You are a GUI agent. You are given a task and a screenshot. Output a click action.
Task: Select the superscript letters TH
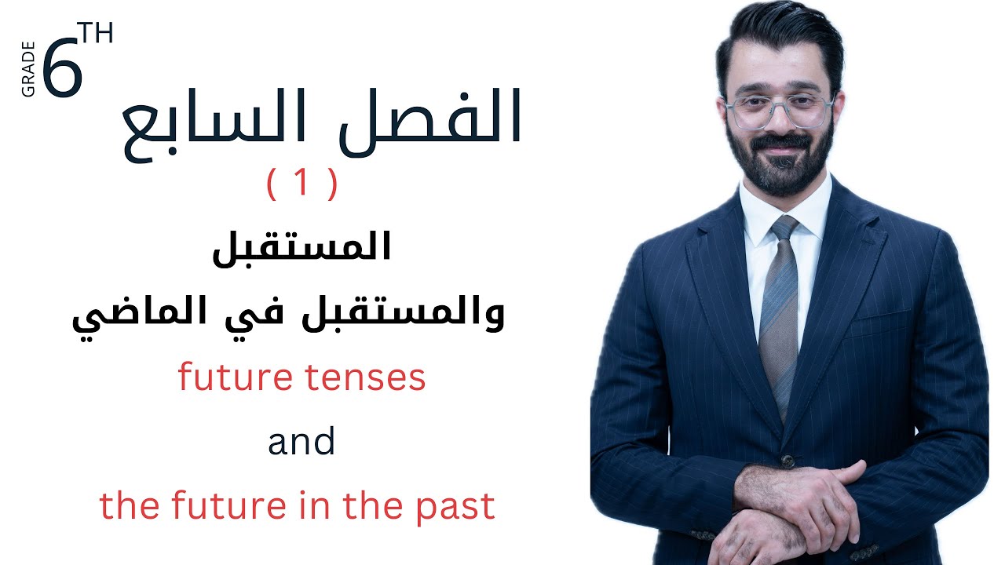[x=96, y=34]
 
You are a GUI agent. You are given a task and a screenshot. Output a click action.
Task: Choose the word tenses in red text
[x=375, y=379]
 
